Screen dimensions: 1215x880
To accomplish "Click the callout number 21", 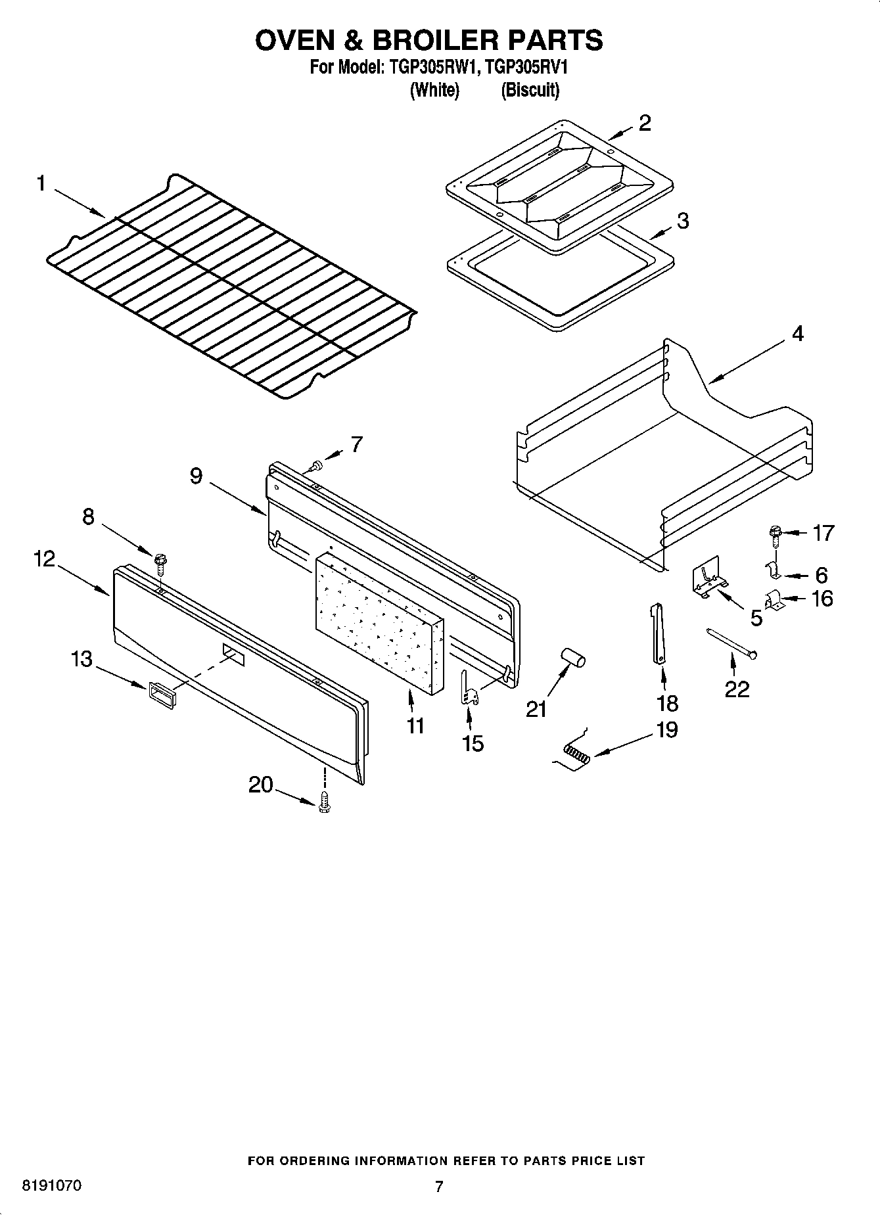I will (536, 709).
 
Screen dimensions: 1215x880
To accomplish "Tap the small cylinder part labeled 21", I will (572, 658).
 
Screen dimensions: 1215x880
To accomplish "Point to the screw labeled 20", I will (323, 804).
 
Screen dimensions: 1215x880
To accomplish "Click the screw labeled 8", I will (160, 562).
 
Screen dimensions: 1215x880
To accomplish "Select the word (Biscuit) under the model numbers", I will (530, 90).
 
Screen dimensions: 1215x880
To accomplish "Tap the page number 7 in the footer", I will (439, 1186).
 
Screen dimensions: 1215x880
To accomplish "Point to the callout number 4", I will (797, 334).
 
